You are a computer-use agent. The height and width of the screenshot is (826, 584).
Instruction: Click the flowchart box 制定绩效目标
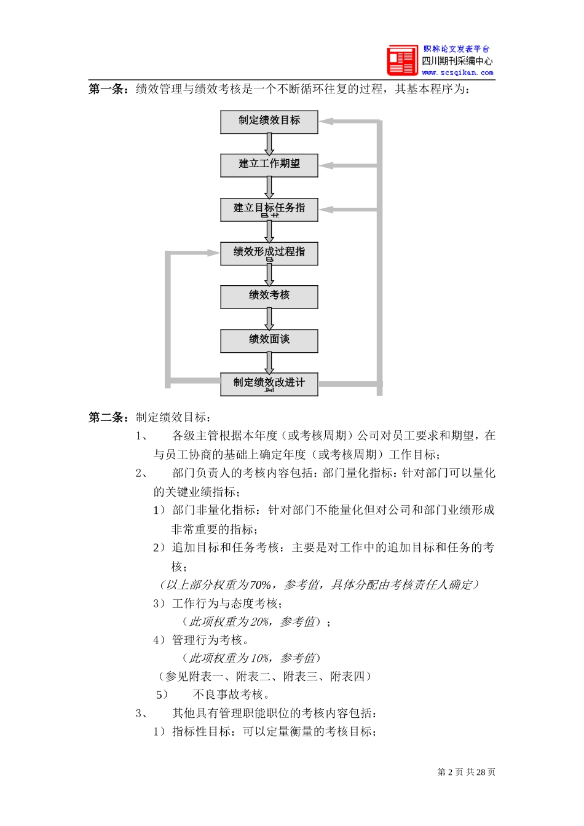coord(269,122)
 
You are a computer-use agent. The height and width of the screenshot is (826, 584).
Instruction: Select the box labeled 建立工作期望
coord(269,165)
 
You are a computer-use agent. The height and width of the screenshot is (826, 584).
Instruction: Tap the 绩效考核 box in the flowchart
coord(269,296)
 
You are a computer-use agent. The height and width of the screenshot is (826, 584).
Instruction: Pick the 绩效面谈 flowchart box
coord(269,340)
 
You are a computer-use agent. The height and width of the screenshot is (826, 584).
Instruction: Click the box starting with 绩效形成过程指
coord(269,253)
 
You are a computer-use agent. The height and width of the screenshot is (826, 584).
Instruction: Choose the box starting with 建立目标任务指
coord(269,209)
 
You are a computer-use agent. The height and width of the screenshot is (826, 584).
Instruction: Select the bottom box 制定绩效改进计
coord(269,384)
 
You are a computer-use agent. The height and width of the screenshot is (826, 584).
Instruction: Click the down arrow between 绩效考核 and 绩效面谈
coord(269,319)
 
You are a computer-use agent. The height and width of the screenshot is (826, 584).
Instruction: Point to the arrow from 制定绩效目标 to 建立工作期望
coord(269,144)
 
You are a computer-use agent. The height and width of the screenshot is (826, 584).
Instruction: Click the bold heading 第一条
coord(108,90)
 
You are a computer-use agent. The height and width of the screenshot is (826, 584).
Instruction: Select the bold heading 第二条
coord(108,418)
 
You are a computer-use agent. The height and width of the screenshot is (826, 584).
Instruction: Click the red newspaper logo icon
coord(402,60)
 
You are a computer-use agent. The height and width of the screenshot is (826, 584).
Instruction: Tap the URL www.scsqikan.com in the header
coord(457,73)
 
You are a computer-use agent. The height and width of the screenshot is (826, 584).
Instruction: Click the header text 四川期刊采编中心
coord(457,61)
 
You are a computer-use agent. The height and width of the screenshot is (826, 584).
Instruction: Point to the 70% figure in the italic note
coord(261,585)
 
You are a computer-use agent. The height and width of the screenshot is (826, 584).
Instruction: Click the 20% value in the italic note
coord(260,622)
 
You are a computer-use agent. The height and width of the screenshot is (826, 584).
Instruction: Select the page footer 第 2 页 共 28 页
coord(466,773)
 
